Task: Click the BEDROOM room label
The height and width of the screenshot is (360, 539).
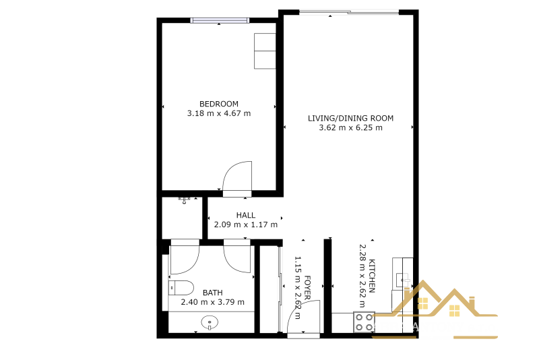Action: [x=218, y=104]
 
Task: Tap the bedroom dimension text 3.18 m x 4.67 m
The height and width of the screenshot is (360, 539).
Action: [x=218, y=113]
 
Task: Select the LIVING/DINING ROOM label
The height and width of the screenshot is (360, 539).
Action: [x=350, y=118]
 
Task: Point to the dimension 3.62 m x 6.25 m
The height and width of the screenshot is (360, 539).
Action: [x=350, y=128]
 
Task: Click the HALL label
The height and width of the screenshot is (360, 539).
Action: [x=246, y=215]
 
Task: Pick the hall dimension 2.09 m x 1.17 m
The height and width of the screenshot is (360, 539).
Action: [x=246, y=225]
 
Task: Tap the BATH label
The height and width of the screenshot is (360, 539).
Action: [x=213, y=293]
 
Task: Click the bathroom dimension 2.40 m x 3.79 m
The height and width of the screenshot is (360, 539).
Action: [x=213, y=302]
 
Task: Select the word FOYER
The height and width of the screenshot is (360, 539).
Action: [x=307, y=287]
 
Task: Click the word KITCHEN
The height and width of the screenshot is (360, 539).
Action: [x=372, y=276]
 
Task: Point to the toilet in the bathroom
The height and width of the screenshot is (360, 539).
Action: [x=181, y=288]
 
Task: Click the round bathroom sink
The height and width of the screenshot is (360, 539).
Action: [x=210, y=323]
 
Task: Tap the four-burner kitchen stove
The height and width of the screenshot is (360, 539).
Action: [x=364, y=322]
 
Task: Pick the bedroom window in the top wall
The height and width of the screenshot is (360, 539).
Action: [x=220, y=20]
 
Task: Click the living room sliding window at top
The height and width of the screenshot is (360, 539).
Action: [x=349, y=12]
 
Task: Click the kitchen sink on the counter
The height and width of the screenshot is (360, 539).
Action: [x=402, y=280]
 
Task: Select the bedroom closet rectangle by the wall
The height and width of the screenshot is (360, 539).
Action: [x=265, y=51]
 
